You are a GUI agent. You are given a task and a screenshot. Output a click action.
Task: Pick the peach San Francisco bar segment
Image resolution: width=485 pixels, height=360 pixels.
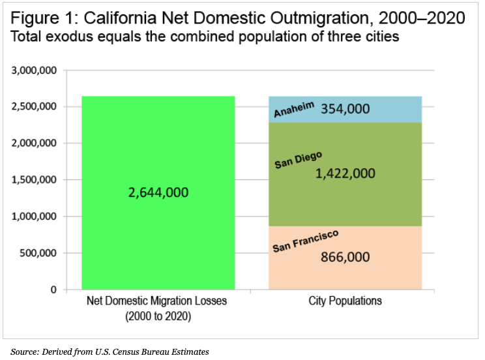(x=391, y=274)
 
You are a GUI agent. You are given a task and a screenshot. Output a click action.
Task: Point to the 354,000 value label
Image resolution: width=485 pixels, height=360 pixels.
(x=345, y=108)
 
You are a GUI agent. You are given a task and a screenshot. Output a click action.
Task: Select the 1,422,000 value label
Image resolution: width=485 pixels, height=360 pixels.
(x=345, y=173)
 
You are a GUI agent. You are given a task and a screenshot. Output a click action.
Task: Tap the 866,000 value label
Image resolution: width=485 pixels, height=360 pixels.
(x=345, y=256)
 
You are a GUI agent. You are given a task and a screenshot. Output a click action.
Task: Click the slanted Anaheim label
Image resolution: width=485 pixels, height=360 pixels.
(x=294, y=109)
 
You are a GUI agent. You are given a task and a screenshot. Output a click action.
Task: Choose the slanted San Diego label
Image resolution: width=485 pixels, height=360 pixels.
(x=298, y=160)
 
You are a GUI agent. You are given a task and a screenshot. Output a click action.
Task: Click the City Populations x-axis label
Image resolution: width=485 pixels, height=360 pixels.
(x=345, y=301)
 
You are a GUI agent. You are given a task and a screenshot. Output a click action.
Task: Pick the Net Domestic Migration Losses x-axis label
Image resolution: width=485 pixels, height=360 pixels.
(x=158, y=301)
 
